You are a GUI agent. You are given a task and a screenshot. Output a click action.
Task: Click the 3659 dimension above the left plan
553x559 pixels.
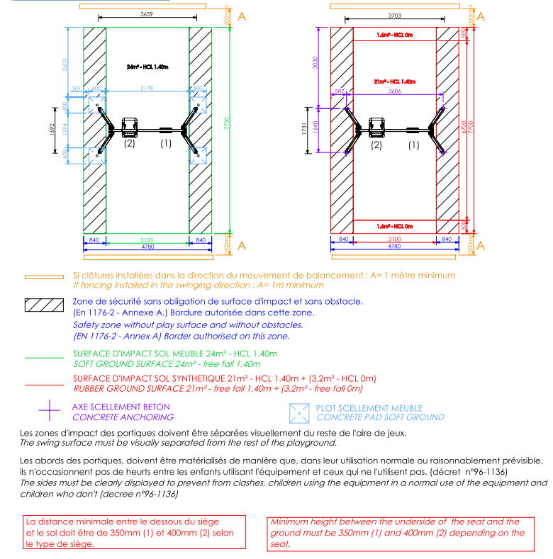[x=147, y=13]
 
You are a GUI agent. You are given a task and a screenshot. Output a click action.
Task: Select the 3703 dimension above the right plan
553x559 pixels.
[x=397, y=15]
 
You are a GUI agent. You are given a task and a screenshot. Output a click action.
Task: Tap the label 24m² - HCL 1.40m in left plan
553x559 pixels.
[x=147, y=67]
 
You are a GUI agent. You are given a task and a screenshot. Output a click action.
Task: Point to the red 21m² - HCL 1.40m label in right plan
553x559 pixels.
[x=394, y=81]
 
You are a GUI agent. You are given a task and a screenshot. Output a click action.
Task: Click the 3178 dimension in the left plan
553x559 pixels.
[x=147, y=88]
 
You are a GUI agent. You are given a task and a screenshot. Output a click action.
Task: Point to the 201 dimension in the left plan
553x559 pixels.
[x=77, y=88]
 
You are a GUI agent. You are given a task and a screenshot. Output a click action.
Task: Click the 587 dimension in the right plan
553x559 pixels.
[x=339, y=91]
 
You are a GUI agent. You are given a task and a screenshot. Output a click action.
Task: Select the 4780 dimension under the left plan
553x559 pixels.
[x=147, y=247]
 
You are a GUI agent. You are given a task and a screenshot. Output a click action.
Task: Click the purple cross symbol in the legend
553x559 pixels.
[x=48, y=411]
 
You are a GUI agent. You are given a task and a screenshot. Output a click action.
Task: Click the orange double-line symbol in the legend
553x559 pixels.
[x=45, y=277]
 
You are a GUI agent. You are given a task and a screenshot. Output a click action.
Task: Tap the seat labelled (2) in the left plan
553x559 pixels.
[x=130, y=128]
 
